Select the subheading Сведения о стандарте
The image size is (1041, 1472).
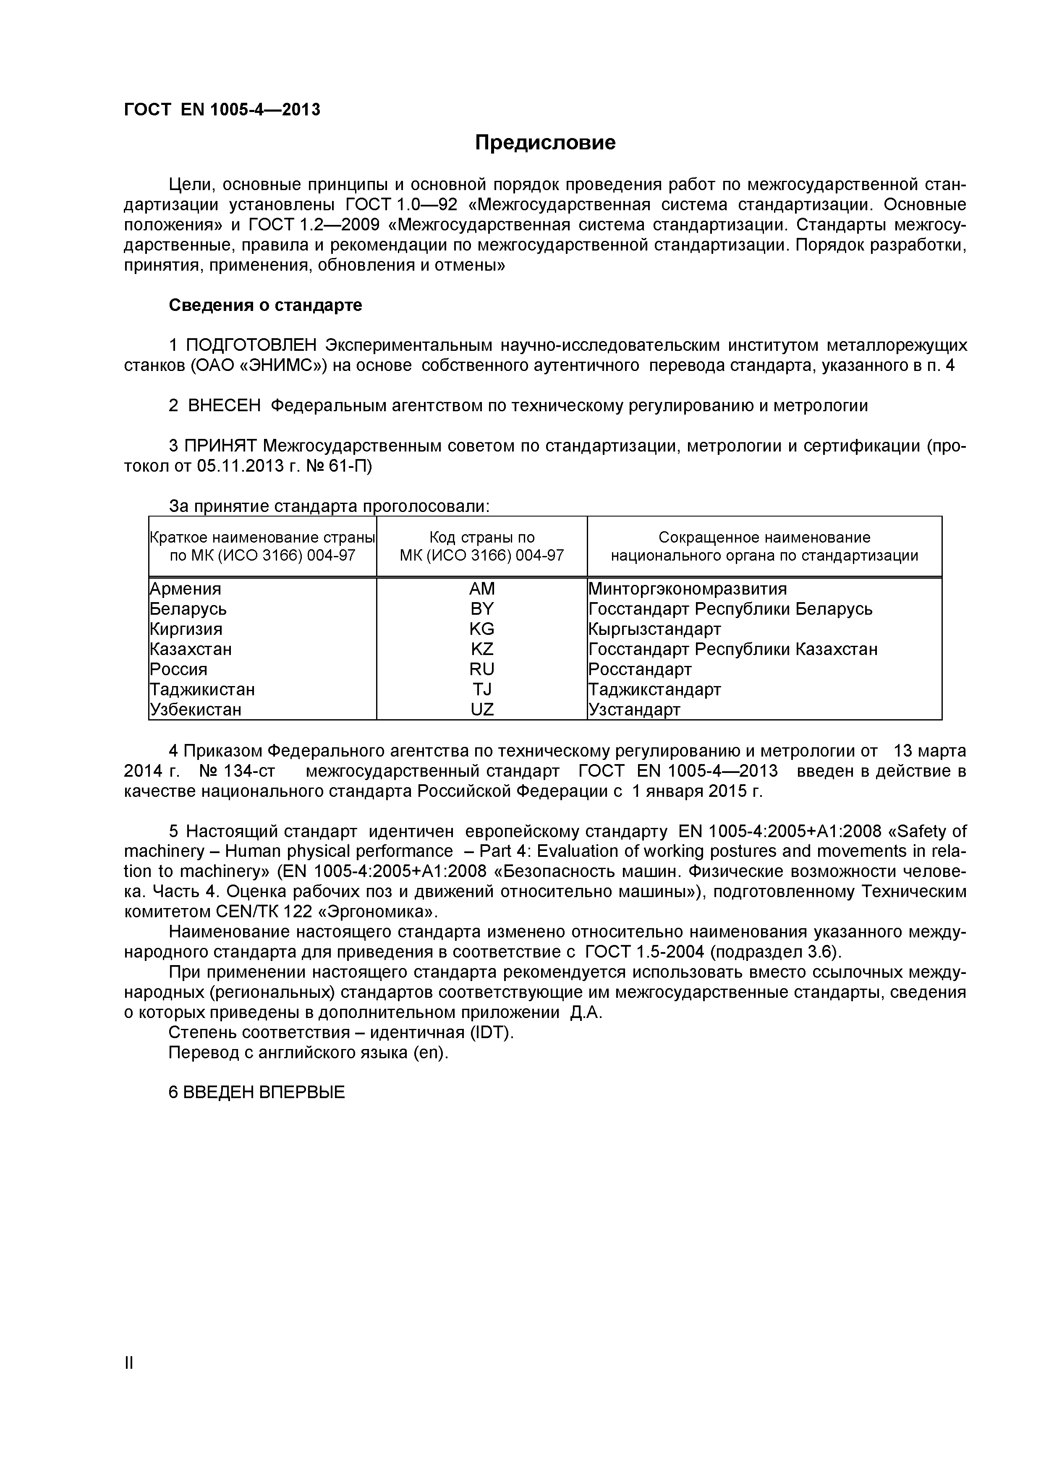tap(265, 305)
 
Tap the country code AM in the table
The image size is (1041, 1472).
tap(482, 589)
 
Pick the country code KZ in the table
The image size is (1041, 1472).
tap(482, 649)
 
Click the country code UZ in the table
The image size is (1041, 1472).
tap(482, 709)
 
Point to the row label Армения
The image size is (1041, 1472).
tap(186, 589)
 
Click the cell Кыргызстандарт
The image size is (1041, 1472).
tap(654, 629)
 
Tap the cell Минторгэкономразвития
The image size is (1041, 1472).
tap(687, 589)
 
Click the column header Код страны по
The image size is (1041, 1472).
tap(482, 537)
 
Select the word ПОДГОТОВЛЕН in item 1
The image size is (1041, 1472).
tap(251, 346)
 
